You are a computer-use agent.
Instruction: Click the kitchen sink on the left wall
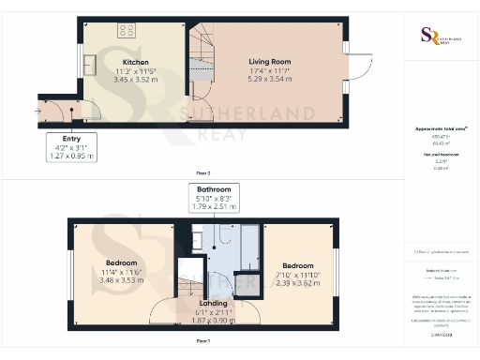point(91,66)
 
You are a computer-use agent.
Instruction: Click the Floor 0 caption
point(202,173)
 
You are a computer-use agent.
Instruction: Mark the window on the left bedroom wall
point(70,267)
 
